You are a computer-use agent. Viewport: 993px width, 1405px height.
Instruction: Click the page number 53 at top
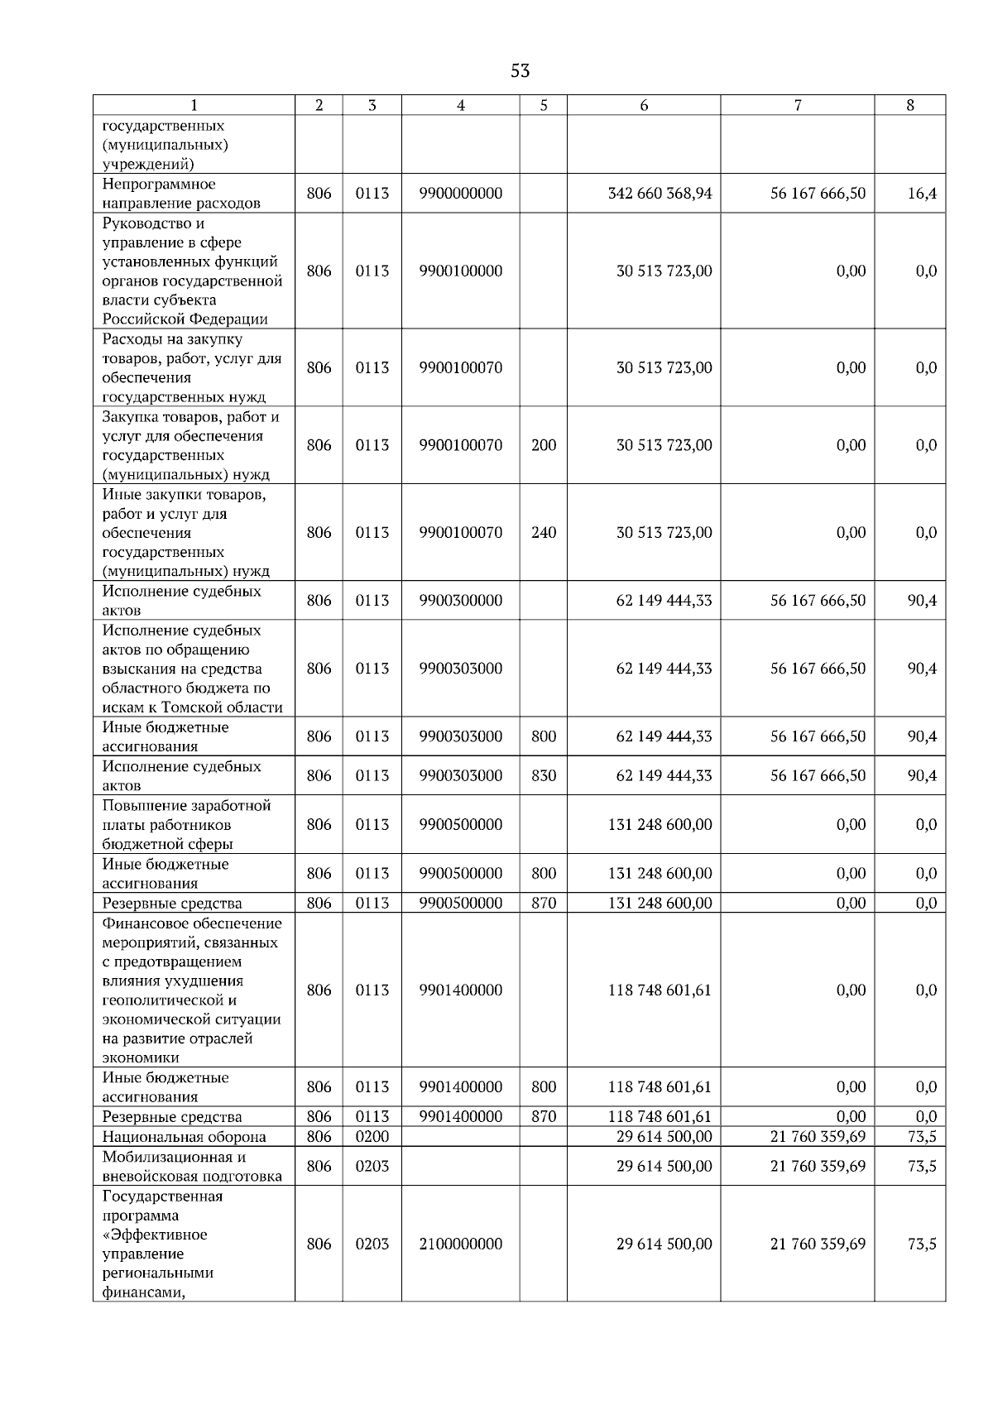(520, 71)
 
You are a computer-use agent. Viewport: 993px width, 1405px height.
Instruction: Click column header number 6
(644, 105)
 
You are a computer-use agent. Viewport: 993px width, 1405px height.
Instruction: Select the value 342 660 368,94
(660, 194)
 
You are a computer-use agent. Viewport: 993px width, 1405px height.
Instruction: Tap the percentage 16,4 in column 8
(922, 194)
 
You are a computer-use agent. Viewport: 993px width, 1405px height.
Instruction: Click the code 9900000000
(460, 194)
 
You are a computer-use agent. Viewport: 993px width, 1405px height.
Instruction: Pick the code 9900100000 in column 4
(460, 271)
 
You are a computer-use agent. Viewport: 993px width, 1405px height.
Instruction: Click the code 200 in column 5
(544, 445)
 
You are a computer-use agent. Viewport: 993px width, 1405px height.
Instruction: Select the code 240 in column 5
(544, 533)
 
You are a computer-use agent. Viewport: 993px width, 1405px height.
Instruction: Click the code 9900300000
(460, 601)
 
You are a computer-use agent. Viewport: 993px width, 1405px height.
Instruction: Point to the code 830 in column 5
(544, 776)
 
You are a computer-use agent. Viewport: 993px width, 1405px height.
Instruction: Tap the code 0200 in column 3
(372, 1137)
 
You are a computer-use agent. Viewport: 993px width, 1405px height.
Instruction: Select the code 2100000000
(460, 1244)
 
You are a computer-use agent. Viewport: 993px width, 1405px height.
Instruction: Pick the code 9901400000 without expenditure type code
(460, 990)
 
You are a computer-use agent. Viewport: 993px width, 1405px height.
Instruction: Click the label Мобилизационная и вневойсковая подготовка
(192, 1167)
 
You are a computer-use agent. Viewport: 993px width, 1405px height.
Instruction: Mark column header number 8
(910, 105)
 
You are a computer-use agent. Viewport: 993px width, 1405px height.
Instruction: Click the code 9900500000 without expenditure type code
(460, 825)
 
